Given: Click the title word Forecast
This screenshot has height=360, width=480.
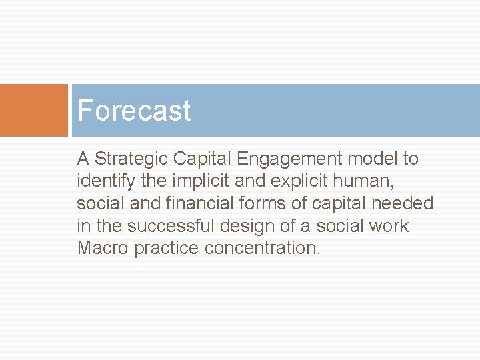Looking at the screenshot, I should pyautogui.click(x=134, y=111).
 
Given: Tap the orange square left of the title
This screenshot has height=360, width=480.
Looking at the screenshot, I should pyautogui.click(x=33, y=110).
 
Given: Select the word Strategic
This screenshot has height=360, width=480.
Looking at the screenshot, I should pyautogui.click(x=133, y=159).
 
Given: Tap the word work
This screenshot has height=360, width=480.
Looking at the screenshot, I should pyautogui.click(x=387, y=226).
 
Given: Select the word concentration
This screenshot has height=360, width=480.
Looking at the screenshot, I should pyautogui.click(x=263, y=248).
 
